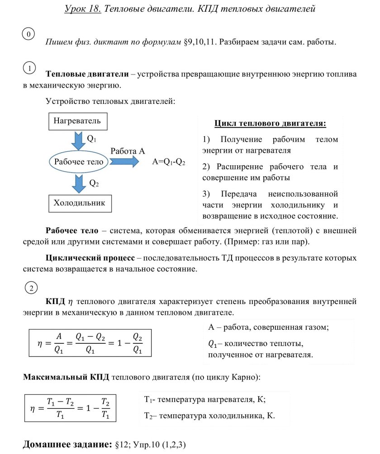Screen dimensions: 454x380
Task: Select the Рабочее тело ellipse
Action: pos(79,162)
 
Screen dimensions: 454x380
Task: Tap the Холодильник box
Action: pos(80,203)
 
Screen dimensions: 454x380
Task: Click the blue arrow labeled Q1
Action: pos(79,141)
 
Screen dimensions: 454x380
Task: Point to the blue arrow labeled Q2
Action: pos(79,183)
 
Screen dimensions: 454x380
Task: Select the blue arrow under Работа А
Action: pos(123,162)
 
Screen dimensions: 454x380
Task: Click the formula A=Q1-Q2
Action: pos(169,162)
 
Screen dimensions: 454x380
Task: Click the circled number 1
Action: pos(29,68)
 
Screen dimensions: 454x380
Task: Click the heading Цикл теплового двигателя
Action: pos(270,123)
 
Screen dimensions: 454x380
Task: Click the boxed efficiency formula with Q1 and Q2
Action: pos(90,344)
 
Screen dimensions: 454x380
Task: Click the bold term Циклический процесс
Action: pos(90,258)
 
